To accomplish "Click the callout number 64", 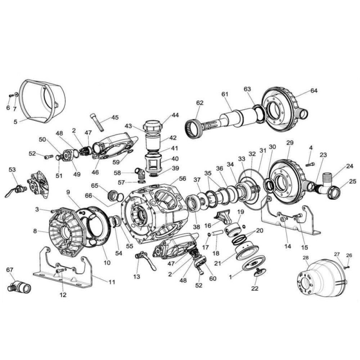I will (314, 91).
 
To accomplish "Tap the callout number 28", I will (306, 258).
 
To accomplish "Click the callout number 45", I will (115, 117).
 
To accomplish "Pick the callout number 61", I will (225, 94).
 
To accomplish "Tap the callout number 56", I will (182, 179).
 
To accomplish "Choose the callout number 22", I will (256, 288).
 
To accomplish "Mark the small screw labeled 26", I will (346, 266).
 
